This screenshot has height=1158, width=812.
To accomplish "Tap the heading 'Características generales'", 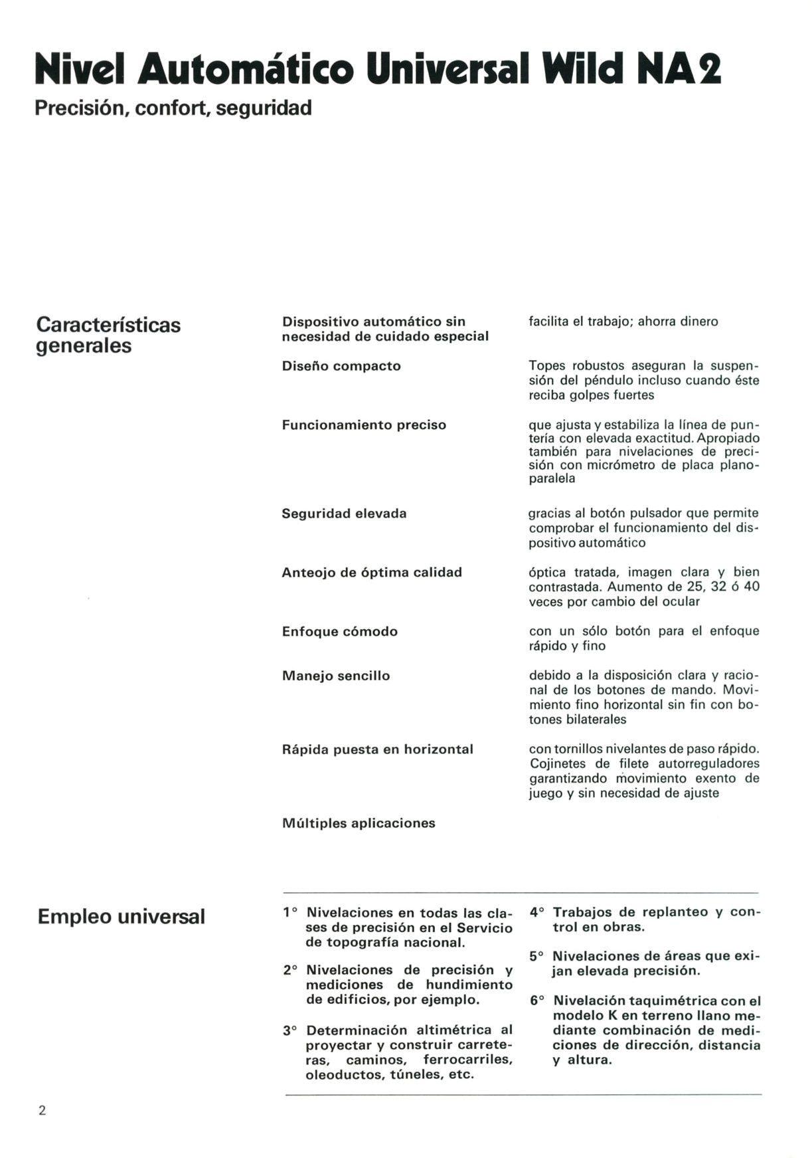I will (x=108, y=335).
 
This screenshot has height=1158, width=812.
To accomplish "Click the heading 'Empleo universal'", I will (x=122, y=917).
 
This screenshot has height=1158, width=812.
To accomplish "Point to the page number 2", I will (x=42, y=1111).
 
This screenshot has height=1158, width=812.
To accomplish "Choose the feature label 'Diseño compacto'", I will (x=341, y=366).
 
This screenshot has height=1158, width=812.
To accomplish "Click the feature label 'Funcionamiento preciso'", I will (x=364, y=425).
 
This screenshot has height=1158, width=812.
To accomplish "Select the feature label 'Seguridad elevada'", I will (x=344, y=514).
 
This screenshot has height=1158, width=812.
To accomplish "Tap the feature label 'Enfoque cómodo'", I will (x=340, y=631).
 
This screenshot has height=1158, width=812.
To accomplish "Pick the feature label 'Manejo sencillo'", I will (x=336, y=676).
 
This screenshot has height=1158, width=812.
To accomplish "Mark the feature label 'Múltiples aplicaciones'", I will (x=359, y=823).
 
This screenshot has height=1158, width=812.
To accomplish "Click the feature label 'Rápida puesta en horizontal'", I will (x=378, y=749).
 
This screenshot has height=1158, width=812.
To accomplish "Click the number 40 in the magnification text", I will (x=752, y=587).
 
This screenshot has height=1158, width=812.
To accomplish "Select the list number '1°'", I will (x=290, y=913).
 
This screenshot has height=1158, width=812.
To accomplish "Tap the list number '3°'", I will (x=290, y=1031).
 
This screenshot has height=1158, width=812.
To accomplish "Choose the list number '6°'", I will (x=537, y=1001).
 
